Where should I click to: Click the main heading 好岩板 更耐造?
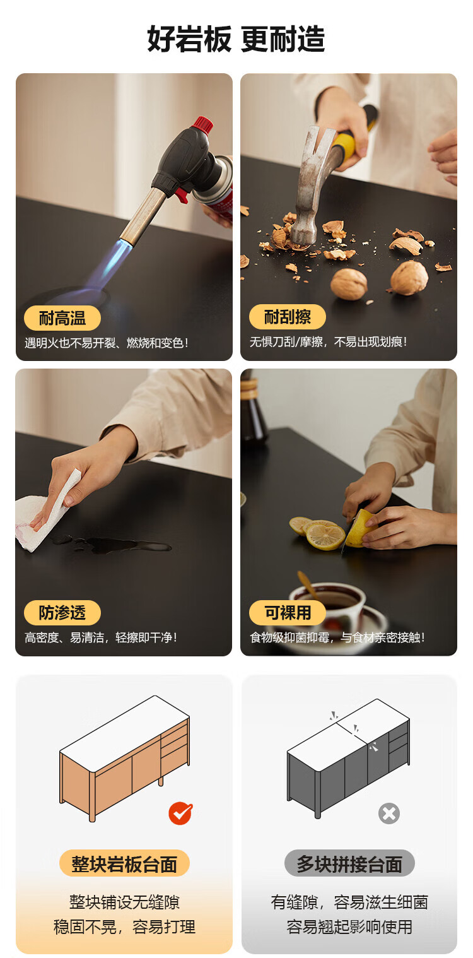pyautogui.click(x=236, y=39)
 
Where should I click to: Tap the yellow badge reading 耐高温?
pyautogui.click(x=62, y=318)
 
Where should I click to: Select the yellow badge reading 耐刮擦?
pyautogui.click(x=288, y=317)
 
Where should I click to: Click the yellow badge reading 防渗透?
pyautogui.click(x=62, y=612)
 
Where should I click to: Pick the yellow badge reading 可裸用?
pyautogui.click(x=288, y=612)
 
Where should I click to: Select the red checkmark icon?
pyautogui.click(x=180, y=813)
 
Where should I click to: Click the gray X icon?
pyautogui.click(x=389, y=813)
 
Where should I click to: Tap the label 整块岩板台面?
pyautogui.click(x=124, y=864)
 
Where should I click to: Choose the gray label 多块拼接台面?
pyautogui.click(x=349, y=864)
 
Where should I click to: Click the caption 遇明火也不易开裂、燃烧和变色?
pyautogui.click(x=107, y=343)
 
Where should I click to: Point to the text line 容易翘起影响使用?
pyautogui.click(x=349, y=927)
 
